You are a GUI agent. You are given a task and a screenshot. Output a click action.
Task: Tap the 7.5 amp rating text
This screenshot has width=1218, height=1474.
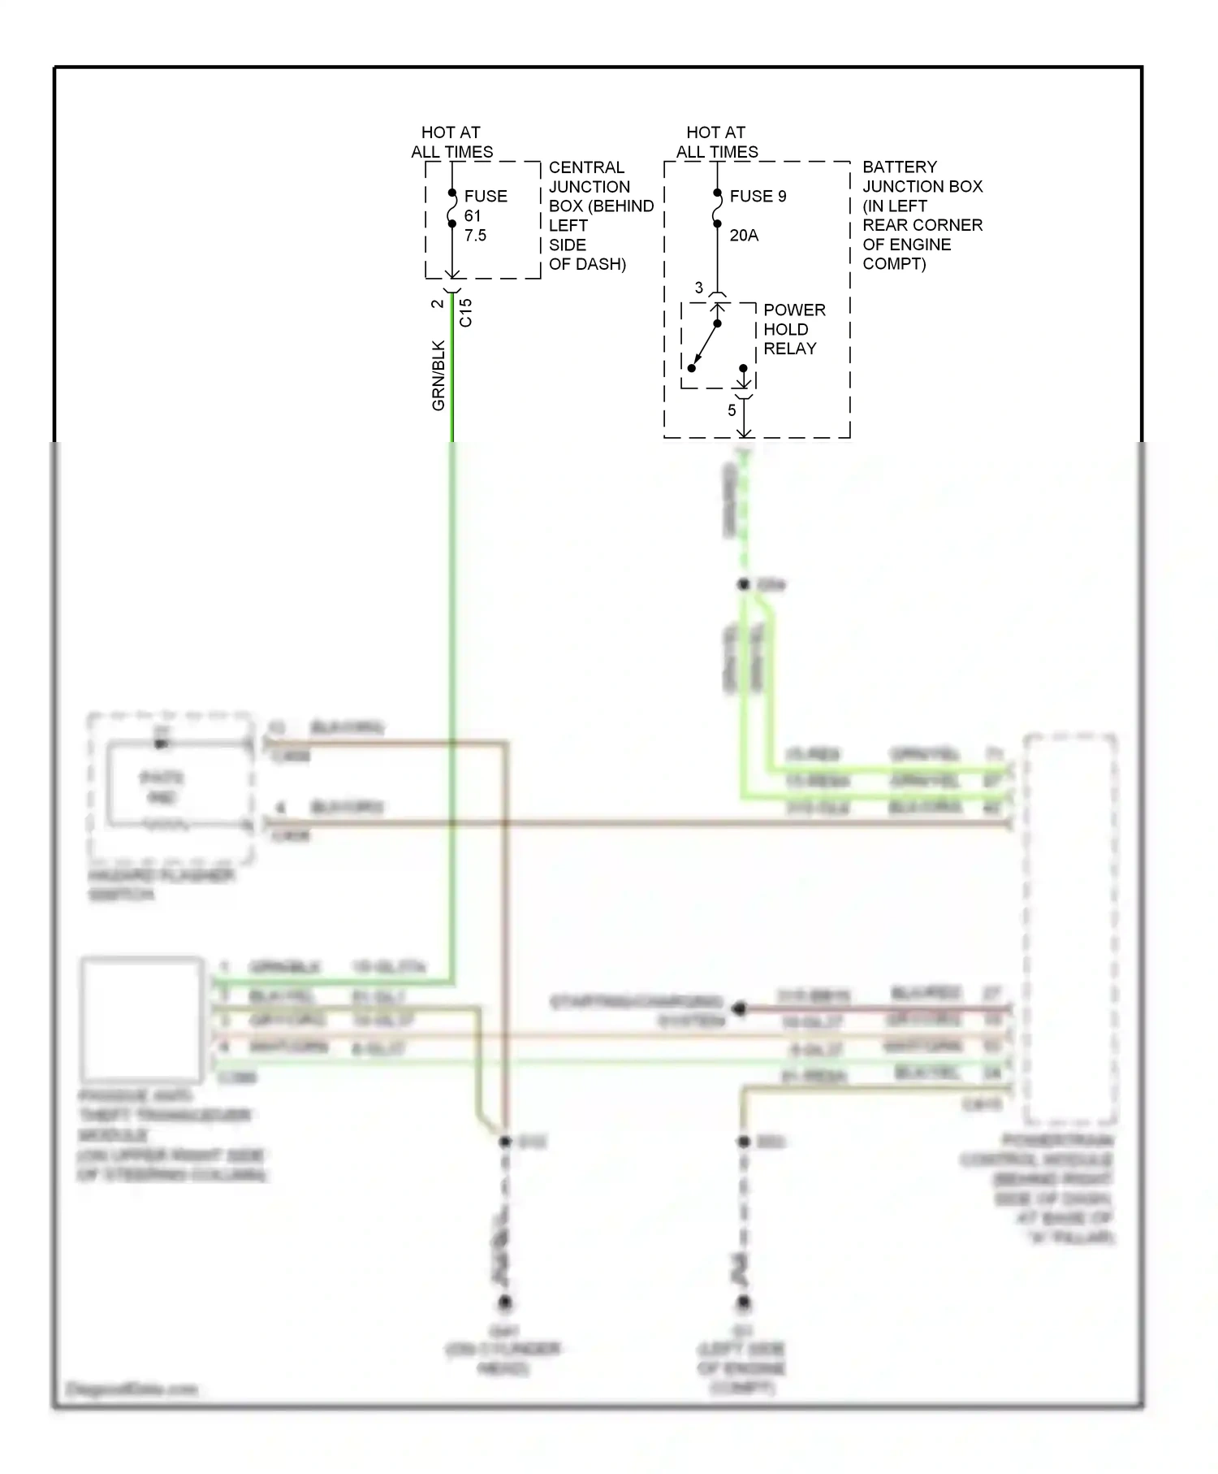click(x=475, y=236)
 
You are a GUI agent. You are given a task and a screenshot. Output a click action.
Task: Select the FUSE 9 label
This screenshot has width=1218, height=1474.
click(x=758, y=196)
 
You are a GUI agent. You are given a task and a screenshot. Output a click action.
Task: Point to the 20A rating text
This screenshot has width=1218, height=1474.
click(x=744, y=236)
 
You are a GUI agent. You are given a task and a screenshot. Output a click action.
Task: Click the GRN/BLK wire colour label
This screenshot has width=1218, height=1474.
click(x=438, y=375)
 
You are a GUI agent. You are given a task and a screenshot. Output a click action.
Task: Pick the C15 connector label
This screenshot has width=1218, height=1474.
click(x=465, y=313)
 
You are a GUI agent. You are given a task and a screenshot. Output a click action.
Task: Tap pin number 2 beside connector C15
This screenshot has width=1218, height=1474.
click(x=437, y=304)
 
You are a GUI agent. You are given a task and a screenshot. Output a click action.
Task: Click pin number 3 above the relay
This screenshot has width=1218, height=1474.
click(x=698, y=288)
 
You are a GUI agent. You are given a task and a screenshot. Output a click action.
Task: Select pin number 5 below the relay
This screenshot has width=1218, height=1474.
click(x=731, y=410)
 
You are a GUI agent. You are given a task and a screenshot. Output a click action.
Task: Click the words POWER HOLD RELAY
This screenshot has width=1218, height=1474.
click(x=793, y=329)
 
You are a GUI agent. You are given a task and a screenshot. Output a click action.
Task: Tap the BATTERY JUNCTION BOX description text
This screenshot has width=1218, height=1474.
click(x=922, y=215)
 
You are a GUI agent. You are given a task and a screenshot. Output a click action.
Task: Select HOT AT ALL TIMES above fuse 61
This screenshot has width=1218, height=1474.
click(x=451, y=142)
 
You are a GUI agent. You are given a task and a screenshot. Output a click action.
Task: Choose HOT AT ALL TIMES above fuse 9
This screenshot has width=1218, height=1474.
click(x=716, y=142)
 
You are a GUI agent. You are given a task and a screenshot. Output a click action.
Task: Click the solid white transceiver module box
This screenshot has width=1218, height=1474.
click(x=141, y=1017)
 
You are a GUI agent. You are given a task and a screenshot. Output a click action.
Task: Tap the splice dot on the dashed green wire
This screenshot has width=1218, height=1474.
click(x=743, y=584)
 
